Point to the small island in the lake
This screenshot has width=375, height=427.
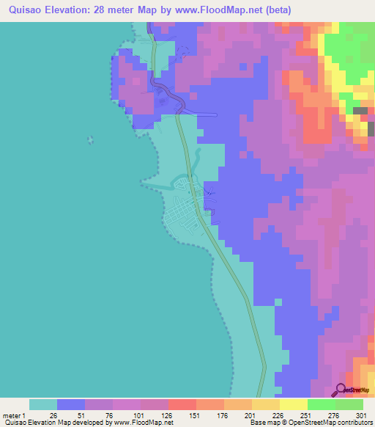coord(91,139)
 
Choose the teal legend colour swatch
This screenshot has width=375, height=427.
coord(43,404)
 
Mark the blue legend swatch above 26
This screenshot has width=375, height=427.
coord(71,404)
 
